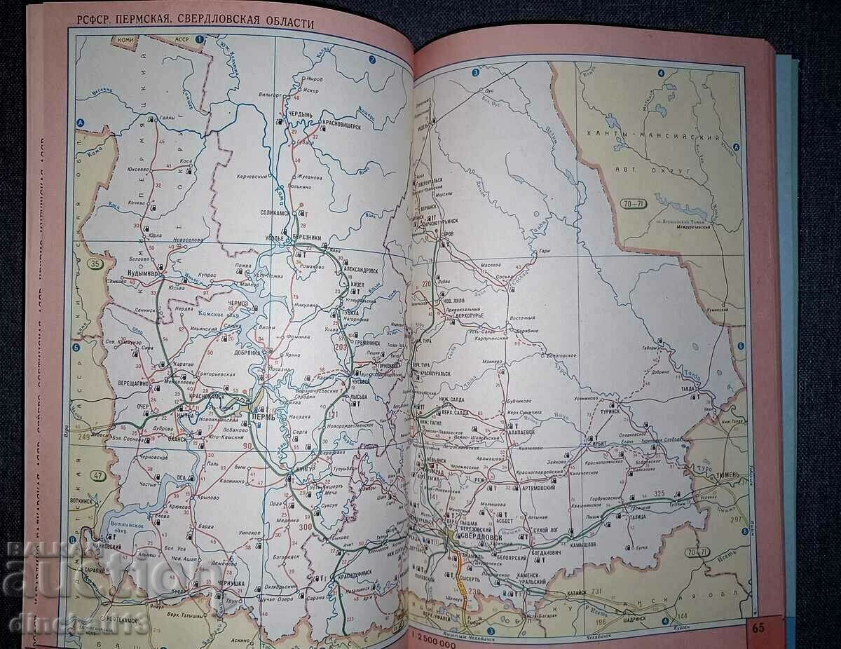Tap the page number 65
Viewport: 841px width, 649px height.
coord(758,627)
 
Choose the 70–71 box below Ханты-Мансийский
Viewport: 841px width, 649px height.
coord(634,204)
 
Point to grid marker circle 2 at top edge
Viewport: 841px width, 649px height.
coord(373,60)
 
